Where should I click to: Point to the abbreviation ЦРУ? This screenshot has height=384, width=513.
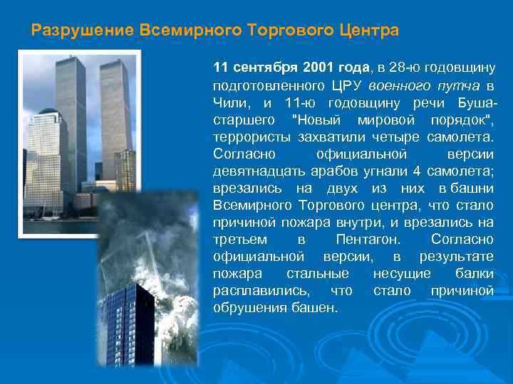point(346,85)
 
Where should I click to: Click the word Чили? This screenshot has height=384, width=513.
point(228,103)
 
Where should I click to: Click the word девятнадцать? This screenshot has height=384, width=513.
point(259,171)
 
